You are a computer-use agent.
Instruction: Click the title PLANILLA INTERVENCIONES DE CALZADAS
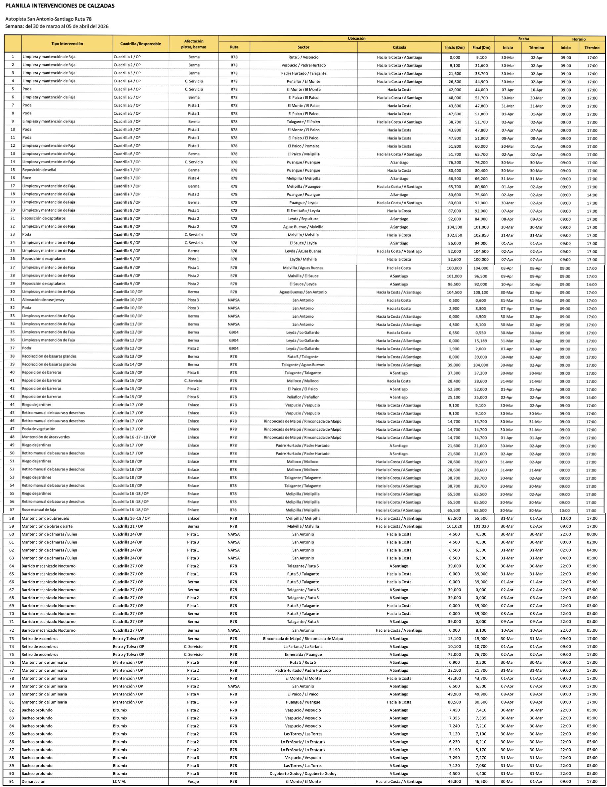(x=60, y=6)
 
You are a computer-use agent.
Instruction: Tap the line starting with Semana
(x=57, y=26)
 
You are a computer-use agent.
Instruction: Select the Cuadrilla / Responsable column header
(x=141, y=44)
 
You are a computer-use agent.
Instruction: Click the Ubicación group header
(x=356, y=39)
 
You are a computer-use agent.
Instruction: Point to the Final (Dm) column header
(x=481, y=48)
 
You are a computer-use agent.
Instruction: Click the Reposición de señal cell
(x=39, y=170)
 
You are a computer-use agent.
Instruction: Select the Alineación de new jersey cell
(x=43, y=300)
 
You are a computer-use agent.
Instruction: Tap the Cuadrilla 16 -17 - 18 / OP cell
(x=135, y=437)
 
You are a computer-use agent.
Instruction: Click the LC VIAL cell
(x=120, y=782)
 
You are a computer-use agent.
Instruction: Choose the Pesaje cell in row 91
(x=193, y=782)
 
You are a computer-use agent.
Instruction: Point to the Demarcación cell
(x=33, y=782)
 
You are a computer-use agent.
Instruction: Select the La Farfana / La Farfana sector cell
(x=303, y=647)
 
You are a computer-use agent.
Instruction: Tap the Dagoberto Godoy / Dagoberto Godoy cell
(x=303, y=774)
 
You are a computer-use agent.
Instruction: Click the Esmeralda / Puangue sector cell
(x=303, y=654)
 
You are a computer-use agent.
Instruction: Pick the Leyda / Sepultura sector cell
(x=303, y=219)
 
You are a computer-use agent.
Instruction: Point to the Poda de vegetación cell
(x=39, y=429)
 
